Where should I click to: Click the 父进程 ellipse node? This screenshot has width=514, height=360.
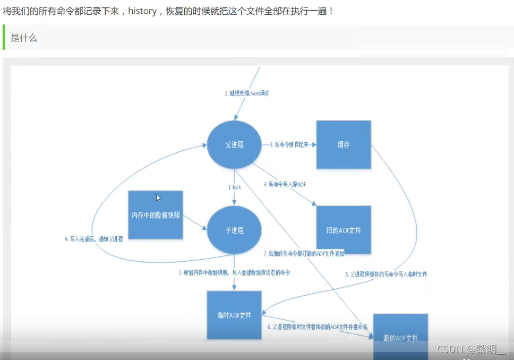(x=234, y=144)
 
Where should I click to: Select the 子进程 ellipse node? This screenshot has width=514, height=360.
(x=234, y=230)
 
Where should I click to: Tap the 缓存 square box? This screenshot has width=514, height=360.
(x=344, y=144)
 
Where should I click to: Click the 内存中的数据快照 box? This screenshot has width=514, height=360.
(x=156, y=215)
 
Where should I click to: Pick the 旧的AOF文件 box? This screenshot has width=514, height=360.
(x=344, y=230)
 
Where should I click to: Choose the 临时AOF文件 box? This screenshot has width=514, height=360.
(x=234, y=315)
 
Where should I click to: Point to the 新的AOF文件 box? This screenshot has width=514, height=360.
(x=400, y=337)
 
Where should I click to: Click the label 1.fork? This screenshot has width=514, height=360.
(x=235, y=187)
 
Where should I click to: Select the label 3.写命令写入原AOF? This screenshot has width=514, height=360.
(x=285, y=184)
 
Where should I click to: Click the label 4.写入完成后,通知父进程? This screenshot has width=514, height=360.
(x=93, y=239)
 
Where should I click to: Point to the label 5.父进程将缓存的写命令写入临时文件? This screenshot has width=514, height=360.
(x=386, y=275)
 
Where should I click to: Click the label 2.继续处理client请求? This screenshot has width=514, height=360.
(x=246, y=93)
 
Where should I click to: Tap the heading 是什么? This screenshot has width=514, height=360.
(x=24, y=38)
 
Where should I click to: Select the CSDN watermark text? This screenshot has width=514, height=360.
(x=470, y=349)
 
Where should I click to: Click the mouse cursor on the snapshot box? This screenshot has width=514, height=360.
(x=158, y=198)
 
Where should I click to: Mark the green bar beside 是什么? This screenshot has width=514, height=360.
(x=4, y=37)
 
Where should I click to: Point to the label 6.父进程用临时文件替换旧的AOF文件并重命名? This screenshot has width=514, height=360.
(x=318, y=327)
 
